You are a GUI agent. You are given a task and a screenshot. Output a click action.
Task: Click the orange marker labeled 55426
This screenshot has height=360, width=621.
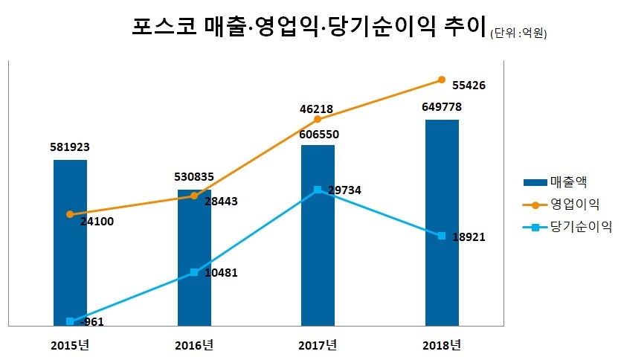pos(442,80)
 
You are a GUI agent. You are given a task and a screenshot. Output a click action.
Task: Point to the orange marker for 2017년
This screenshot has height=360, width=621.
pos(318,119)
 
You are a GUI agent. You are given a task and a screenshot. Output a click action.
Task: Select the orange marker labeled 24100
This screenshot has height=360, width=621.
pos(70,214)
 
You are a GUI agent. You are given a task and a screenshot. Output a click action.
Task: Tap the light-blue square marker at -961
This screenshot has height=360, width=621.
pos(70,321)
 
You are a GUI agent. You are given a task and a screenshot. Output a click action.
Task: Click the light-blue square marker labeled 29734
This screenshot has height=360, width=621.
pos(318,190)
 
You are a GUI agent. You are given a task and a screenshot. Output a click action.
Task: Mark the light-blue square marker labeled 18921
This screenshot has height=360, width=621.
pos(442,236)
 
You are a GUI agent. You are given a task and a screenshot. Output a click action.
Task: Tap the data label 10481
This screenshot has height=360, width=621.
pos(220,273)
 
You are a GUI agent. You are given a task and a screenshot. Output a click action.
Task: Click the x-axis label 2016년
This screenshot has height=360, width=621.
pos(194,345)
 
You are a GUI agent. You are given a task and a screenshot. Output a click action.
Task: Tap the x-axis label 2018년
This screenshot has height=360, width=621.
pos(442,345)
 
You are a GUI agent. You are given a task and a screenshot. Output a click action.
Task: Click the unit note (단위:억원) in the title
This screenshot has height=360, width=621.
pos(518,33)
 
